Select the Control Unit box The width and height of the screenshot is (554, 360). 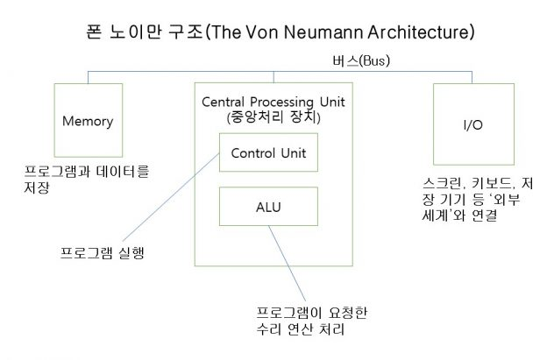(x=267, y=153)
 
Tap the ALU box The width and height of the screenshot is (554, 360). (x=267, y=207)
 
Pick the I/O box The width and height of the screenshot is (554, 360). (x=472, y=126)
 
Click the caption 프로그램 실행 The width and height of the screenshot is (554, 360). (x=96, y=255)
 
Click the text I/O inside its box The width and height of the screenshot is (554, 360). (x=472, y=126)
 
